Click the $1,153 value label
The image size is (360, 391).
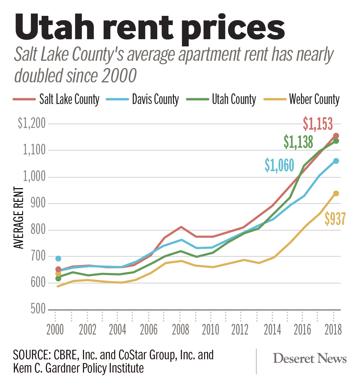(x=318, y=124)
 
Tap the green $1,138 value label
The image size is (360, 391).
(x=298, y=142)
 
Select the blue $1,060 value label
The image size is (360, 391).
(x=279, y=165)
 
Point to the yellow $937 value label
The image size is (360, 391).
(x=335, y=219)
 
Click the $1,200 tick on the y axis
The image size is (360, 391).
(x=32, y=123)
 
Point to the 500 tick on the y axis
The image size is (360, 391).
(x=38, y=309)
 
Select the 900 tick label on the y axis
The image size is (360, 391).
(x=38, y=203)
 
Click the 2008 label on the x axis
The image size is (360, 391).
(x=181, y=330)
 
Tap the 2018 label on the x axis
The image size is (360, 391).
(x=333, y=330)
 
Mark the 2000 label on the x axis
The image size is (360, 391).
(x=55, y=330)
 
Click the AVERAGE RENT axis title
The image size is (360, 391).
(x=18, y=218)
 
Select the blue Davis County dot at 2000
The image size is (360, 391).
(x=58, y=258)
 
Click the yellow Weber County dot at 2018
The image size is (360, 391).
(x=336, y=193)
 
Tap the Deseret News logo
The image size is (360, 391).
(x=310, y=358)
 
